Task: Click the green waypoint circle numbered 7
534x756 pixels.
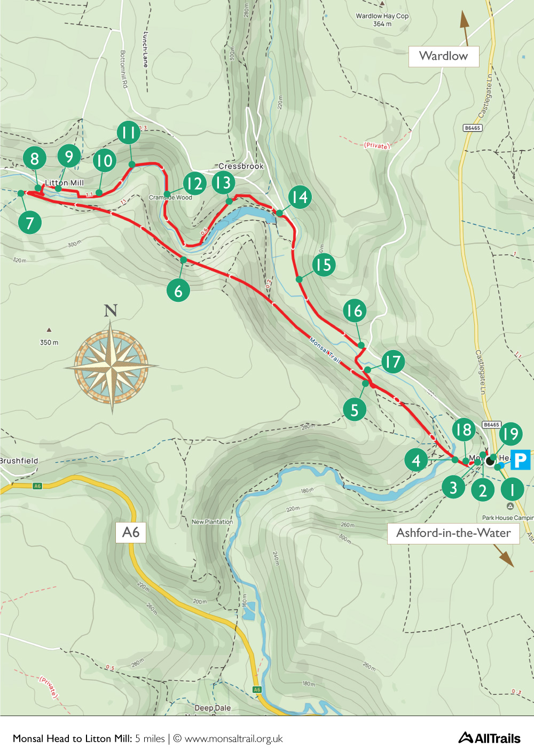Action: click(30, 223)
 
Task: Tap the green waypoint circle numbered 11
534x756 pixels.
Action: click(129, 132)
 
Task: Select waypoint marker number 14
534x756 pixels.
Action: click(300, 197)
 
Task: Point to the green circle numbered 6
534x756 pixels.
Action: click(178, 291)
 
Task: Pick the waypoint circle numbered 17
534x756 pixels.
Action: click(393, 362)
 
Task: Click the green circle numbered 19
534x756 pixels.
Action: click(511, 433)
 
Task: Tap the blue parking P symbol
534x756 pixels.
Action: click(520, 459)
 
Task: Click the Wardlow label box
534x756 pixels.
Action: click(443, 56)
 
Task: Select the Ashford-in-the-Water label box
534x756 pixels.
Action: click(453, 533)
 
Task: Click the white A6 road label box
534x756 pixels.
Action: click(131, 532)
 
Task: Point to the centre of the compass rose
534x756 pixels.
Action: click(111, 367)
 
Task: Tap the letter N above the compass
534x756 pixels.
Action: click(111, 310)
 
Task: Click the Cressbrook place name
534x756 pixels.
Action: click(241, 166)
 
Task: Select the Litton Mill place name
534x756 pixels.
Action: click(64, 183)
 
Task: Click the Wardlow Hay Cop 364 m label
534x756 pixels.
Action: click(382, 20)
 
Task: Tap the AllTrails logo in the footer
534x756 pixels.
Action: click(489, 738)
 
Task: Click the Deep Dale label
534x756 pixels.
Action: click(213, 708)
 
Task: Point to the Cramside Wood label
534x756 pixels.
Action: click(170, 198)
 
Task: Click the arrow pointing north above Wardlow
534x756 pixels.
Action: click(465, 27)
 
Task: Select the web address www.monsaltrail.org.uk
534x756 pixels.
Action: click(233, 738)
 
